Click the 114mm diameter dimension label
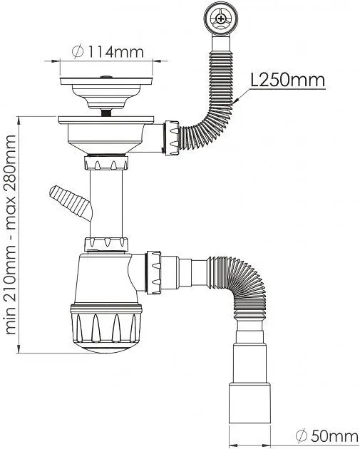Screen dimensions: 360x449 pyautogui.click(x=108, y=52)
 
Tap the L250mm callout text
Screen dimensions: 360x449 pyautogui.click(x=287, y=80)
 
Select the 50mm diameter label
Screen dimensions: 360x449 pyautogui.click(x=326, y=436)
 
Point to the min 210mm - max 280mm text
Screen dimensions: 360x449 pyautogui.click(x=11, y=234)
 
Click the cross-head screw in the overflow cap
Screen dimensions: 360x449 pyautogui.click(x=220, y=19)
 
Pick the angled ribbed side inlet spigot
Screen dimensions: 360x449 pyautogui.click(x=71, y=202)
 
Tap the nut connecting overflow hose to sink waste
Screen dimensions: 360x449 pyautogui.click(x=172, y=138)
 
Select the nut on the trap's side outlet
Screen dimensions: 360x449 pyautogui.click(x=153, y=272)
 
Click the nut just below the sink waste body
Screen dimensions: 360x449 pyautogui.click(x=106, y=162)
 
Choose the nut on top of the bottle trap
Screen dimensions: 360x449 pyautogui.click(x=106, y=244)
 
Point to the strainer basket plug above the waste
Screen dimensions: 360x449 pyautogui.click(x=106, y=93)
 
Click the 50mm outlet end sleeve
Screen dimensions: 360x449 pyautogui.click(x=250, y=403)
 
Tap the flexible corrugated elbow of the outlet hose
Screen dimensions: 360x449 pyautogui.click(x=239, y=282)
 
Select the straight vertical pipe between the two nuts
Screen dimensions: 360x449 pyautogui.click(x=106, y=204)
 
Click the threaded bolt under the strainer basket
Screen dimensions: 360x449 pyautogui.click(x=106, y=113)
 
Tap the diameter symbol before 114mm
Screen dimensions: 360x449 pyautogui.click(x=78, y=52)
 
